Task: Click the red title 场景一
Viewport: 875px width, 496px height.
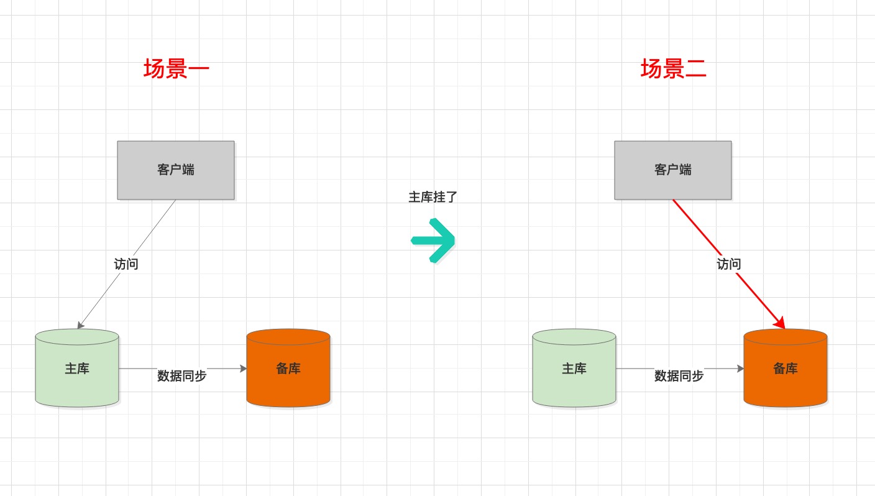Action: (176, 69)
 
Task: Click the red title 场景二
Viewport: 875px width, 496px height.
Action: (674, 69)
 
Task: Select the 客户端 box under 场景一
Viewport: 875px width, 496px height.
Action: (176, 170)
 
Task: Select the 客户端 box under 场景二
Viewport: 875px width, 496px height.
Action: (673, 170)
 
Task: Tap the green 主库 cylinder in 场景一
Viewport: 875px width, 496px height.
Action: (77, 369)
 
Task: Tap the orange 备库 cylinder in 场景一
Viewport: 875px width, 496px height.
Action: (288, 369)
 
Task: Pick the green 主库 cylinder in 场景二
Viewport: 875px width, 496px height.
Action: (574, 369)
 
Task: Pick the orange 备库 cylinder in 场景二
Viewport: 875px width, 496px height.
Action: (786, 369)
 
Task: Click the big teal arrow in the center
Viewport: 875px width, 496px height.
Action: (433, 240)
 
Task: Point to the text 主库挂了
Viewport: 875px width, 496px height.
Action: (433, 197)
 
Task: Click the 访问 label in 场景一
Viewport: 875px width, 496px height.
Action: (126, 264)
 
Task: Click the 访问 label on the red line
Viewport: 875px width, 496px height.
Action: (728, 264)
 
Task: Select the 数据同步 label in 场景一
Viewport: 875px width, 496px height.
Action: (181, 375)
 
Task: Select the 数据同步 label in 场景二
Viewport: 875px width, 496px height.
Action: (679, 375)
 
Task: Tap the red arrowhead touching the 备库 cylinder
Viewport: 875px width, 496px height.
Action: (780, 323)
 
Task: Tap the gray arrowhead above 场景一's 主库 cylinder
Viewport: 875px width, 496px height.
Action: (80, 325)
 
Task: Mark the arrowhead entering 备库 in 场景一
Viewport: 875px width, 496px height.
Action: (243, 369)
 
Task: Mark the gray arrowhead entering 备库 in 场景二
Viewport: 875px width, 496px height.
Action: (740, 369)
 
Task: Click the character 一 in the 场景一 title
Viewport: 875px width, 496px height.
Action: (199, 69)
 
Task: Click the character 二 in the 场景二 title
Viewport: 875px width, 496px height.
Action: (695, 69)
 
